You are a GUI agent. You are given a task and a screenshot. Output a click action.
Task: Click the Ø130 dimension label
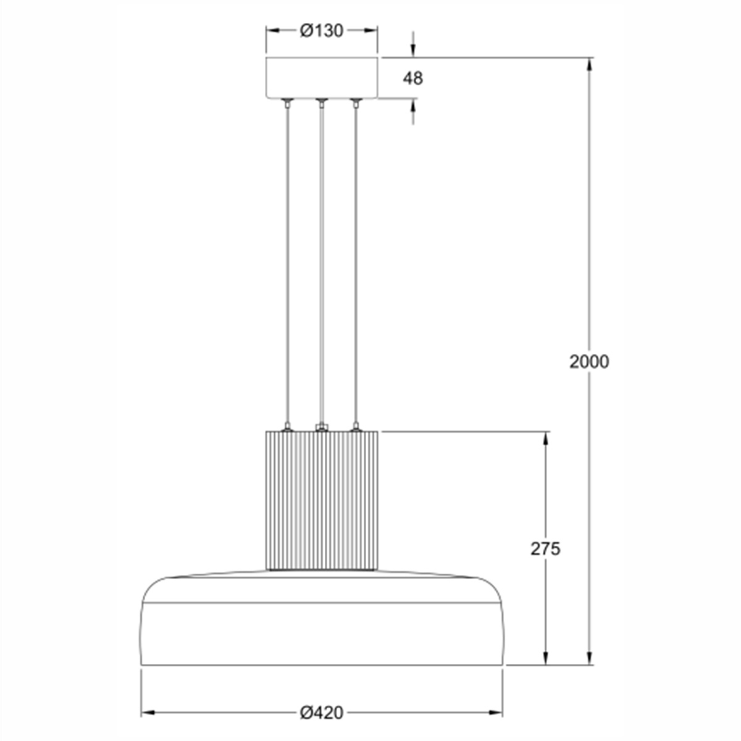[321, 31]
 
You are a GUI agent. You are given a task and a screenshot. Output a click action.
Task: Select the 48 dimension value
[412, 78]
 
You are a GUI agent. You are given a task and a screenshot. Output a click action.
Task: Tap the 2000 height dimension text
[588, 362]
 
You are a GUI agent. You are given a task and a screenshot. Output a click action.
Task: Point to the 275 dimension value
[545, 549]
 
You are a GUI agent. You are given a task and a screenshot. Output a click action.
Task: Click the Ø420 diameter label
[321, 713]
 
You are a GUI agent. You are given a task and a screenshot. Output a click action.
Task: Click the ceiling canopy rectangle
[322, 78]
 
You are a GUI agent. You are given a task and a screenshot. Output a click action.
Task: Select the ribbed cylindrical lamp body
[322, 500]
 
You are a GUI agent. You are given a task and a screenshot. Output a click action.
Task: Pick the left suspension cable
[287, 264]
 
